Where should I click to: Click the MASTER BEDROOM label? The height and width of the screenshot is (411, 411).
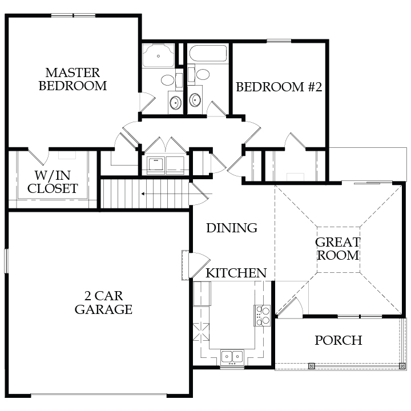click(73, 79)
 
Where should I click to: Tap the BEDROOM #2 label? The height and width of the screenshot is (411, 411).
click(279, 87)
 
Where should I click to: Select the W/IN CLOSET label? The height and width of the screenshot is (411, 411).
click(53, 182)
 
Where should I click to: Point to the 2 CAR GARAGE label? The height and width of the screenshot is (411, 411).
click(103, 303)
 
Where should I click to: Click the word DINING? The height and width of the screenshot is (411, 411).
click(232, 228)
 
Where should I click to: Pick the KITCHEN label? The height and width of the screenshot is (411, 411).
click(236, 273)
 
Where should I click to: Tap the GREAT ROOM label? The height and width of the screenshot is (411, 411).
click(338, 249)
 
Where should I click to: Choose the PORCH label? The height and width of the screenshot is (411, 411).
click(339, 340)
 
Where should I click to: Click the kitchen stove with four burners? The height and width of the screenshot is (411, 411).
click(262, 316)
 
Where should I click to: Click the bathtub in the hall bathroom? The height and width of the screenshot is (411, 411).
click(208, 54)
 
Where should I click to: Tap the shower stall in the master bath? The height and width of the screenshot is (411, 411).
click(158, 55)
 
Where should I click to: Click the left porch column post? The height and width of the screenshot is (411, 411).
click(311, 366)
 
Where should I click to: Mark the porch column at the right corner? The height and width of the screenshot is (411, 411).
click(402, 366)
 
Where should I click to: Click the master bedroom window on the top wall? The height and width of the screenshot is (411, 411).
click(73, 15)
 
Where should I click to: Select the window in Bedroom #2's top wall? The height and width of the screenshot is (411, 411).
click(279, 41)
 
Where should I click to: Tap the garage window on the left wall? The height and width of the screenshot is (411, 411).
click(6, 261)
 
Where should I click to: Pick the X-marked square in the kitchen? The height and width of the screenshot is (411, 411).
click(201, 332)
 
